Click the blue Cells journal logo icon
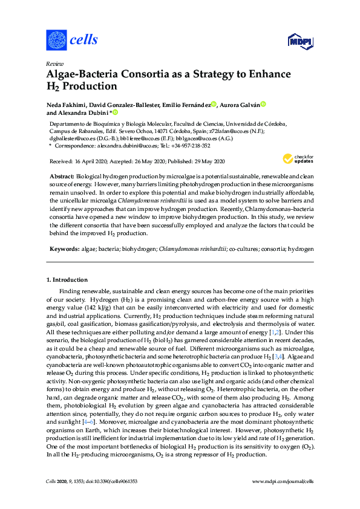coord(56,40)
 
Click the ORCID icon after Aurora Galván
coord(264,105)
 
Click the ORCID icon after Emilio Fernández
coord(215,105)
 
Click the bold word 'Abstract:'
coord(67,175)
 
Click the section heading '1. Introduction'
coord(67,280)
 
